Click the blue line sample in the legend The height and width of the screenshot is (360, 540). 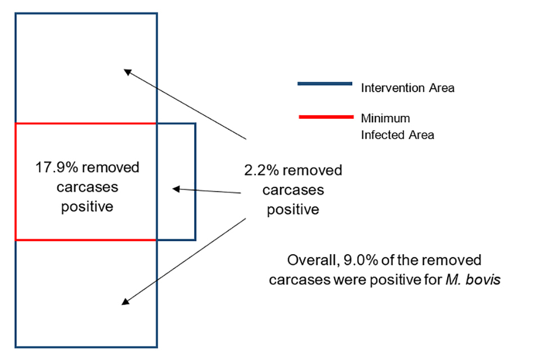[324, 84]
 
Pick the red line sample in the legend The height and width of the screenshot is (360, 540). [324, 116]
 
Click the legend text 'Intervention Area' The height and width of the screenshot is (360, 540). [407, 88]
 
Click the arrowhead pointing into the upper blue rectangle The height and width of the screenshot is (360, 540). [127, 71]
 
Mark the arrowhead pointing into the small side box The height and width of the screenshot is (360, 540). [175, 189]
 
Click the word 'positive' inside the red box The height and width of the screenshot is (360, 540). [87, 206]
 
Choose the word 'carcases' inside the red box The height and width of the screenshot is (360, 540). [87, 187]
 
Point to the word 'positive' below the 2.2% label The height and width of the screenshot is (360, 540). [293, 209]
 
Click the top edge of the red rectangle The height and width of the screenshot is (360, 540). [84, 123]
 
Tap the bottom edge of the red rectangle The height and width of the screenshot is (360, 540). [84, 240]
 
